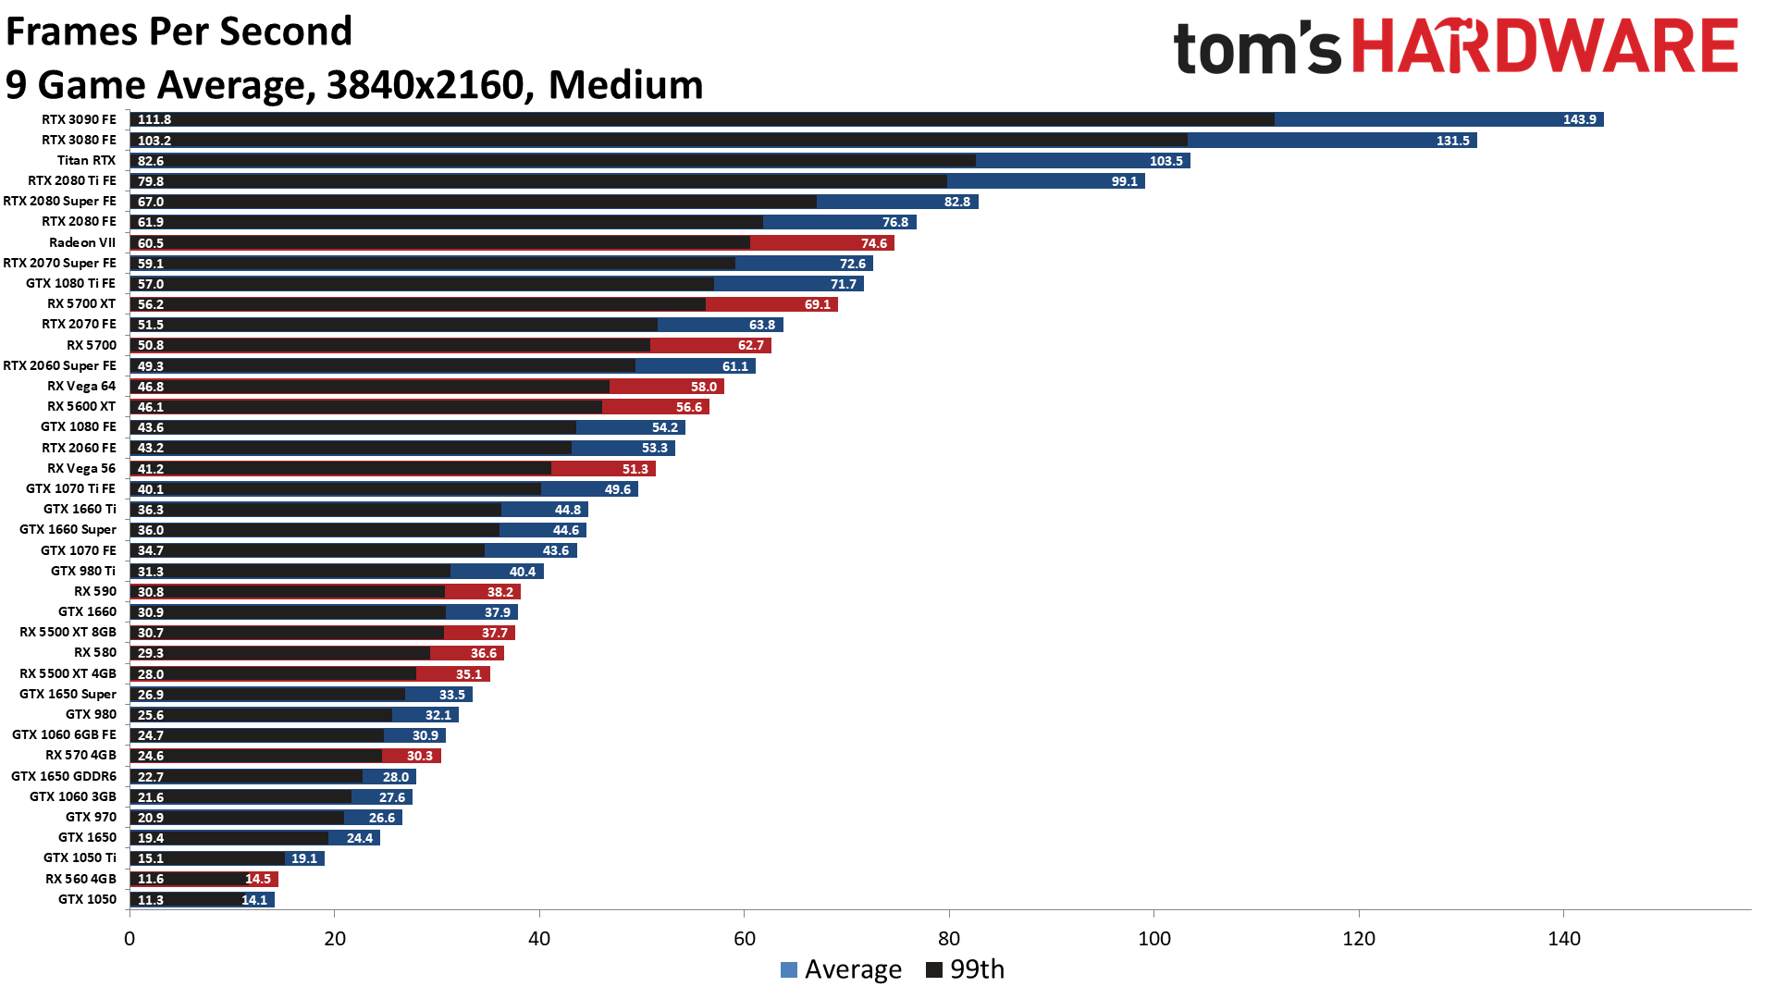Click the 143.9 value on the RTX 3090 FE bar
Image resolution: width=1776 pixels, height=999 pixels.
(x=1579, y=119)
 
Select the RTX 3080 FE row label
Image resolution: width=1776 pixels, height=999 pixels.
(x=79, y=140)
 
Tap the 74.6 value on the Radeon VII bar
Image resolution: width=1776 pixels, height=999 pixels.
(x=873, y=243)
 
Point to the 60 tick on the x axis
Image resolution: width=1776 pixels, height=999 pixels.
(x=744, y=938)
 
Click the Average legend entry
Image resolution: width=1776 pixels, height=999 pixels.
(x=841, y=969)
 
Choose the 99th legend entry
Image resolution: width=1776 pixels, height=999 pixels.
(x=966, y=969)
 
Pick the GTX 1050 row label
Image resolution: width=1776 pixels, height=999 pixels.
(x=87, y=899)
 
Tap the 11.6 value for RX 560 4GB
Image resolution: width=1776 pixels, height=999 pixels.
(x=151, y=879)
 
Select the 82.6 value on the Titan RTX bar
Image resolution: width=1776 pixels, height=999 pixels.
(x=151, y=161)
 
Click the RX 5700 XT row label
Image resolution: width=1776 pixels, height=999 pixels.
(x=81, y=303)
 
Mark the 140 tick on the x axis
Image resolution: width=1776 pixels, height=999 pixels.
(x=1563, y=938)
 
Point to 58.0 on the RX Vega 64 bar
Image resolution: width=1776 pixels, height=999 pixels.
(x=703, y=387)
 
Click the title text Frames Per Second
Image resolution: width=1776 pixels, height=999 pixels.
(x=179, y=31)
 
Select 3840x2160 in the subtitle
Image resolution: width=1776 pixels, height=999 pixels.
(x=425, y=85)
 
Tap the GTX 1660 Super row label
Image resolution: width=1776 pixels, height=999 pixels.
(x=68, y=529)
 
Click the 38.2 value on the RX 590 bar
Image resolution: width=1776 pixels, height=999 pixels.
(x=499, y=592)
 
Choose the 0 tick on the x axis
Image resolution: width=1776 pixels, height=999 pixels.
(x=129, y=938)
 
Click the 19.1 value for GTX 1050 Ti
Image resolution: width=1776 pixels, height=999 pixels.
(x=303, y=858)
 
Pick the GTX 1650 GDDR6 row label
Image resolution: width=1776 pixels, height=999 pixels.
(x=64, y=776)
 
